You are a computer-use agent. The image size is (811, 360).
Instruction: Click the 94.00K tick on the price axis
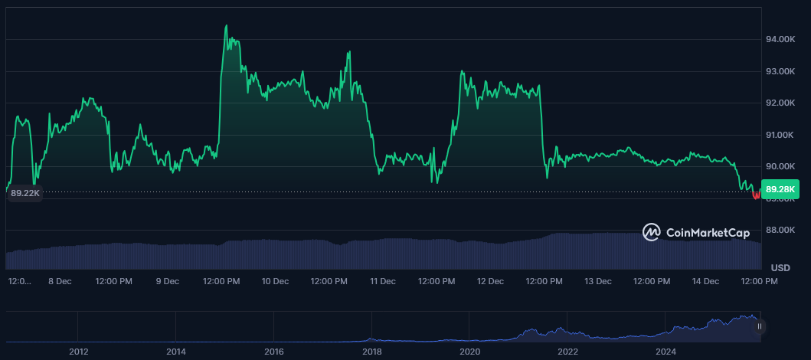783,39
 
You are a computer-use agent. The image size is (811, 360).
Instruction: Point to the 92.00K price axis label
783,103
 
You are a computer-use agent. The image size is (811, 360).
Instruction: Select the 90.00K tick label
783,166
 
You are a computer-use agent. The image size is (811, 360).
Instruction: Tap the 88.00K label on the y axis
783,230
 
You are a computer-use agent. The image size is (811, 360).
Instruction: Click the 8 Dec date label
60,281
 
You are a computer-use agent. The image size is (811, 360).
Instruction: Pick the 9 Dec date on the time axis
168,281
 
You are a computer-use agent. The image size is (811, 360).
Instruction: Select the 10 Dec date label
275,281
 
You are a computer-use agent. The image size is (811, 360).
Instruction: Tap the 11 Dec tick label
383,281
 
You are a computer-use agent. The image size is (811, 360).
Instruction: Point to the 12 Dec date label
490,281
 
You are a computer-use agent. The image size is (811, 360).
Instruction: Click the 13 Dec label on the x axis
598,281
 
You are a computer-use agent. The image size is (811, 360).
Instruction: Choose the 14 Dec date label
705,281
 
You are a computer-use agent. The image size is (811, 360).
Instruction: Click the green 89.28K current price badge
781,189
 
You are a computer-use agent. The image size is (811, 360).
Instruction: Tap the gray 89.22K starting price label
25,194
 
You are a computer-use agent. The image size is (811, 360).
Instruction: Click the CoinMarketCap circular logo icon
652,232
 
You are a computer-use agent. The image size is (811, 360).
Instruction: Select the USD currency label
780,268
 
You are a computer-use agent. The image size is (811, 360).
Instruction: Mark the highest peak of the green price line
226,25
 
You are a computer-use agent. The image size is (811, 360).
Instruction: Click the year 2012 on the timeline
78,352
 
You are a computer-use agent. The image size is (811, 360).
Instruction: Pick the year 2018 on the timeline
372,352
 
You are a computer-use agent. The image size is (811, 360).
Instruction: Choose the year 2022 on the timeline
567,352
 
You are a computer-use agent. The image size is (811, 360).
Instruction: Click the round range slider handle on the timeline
759,326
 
